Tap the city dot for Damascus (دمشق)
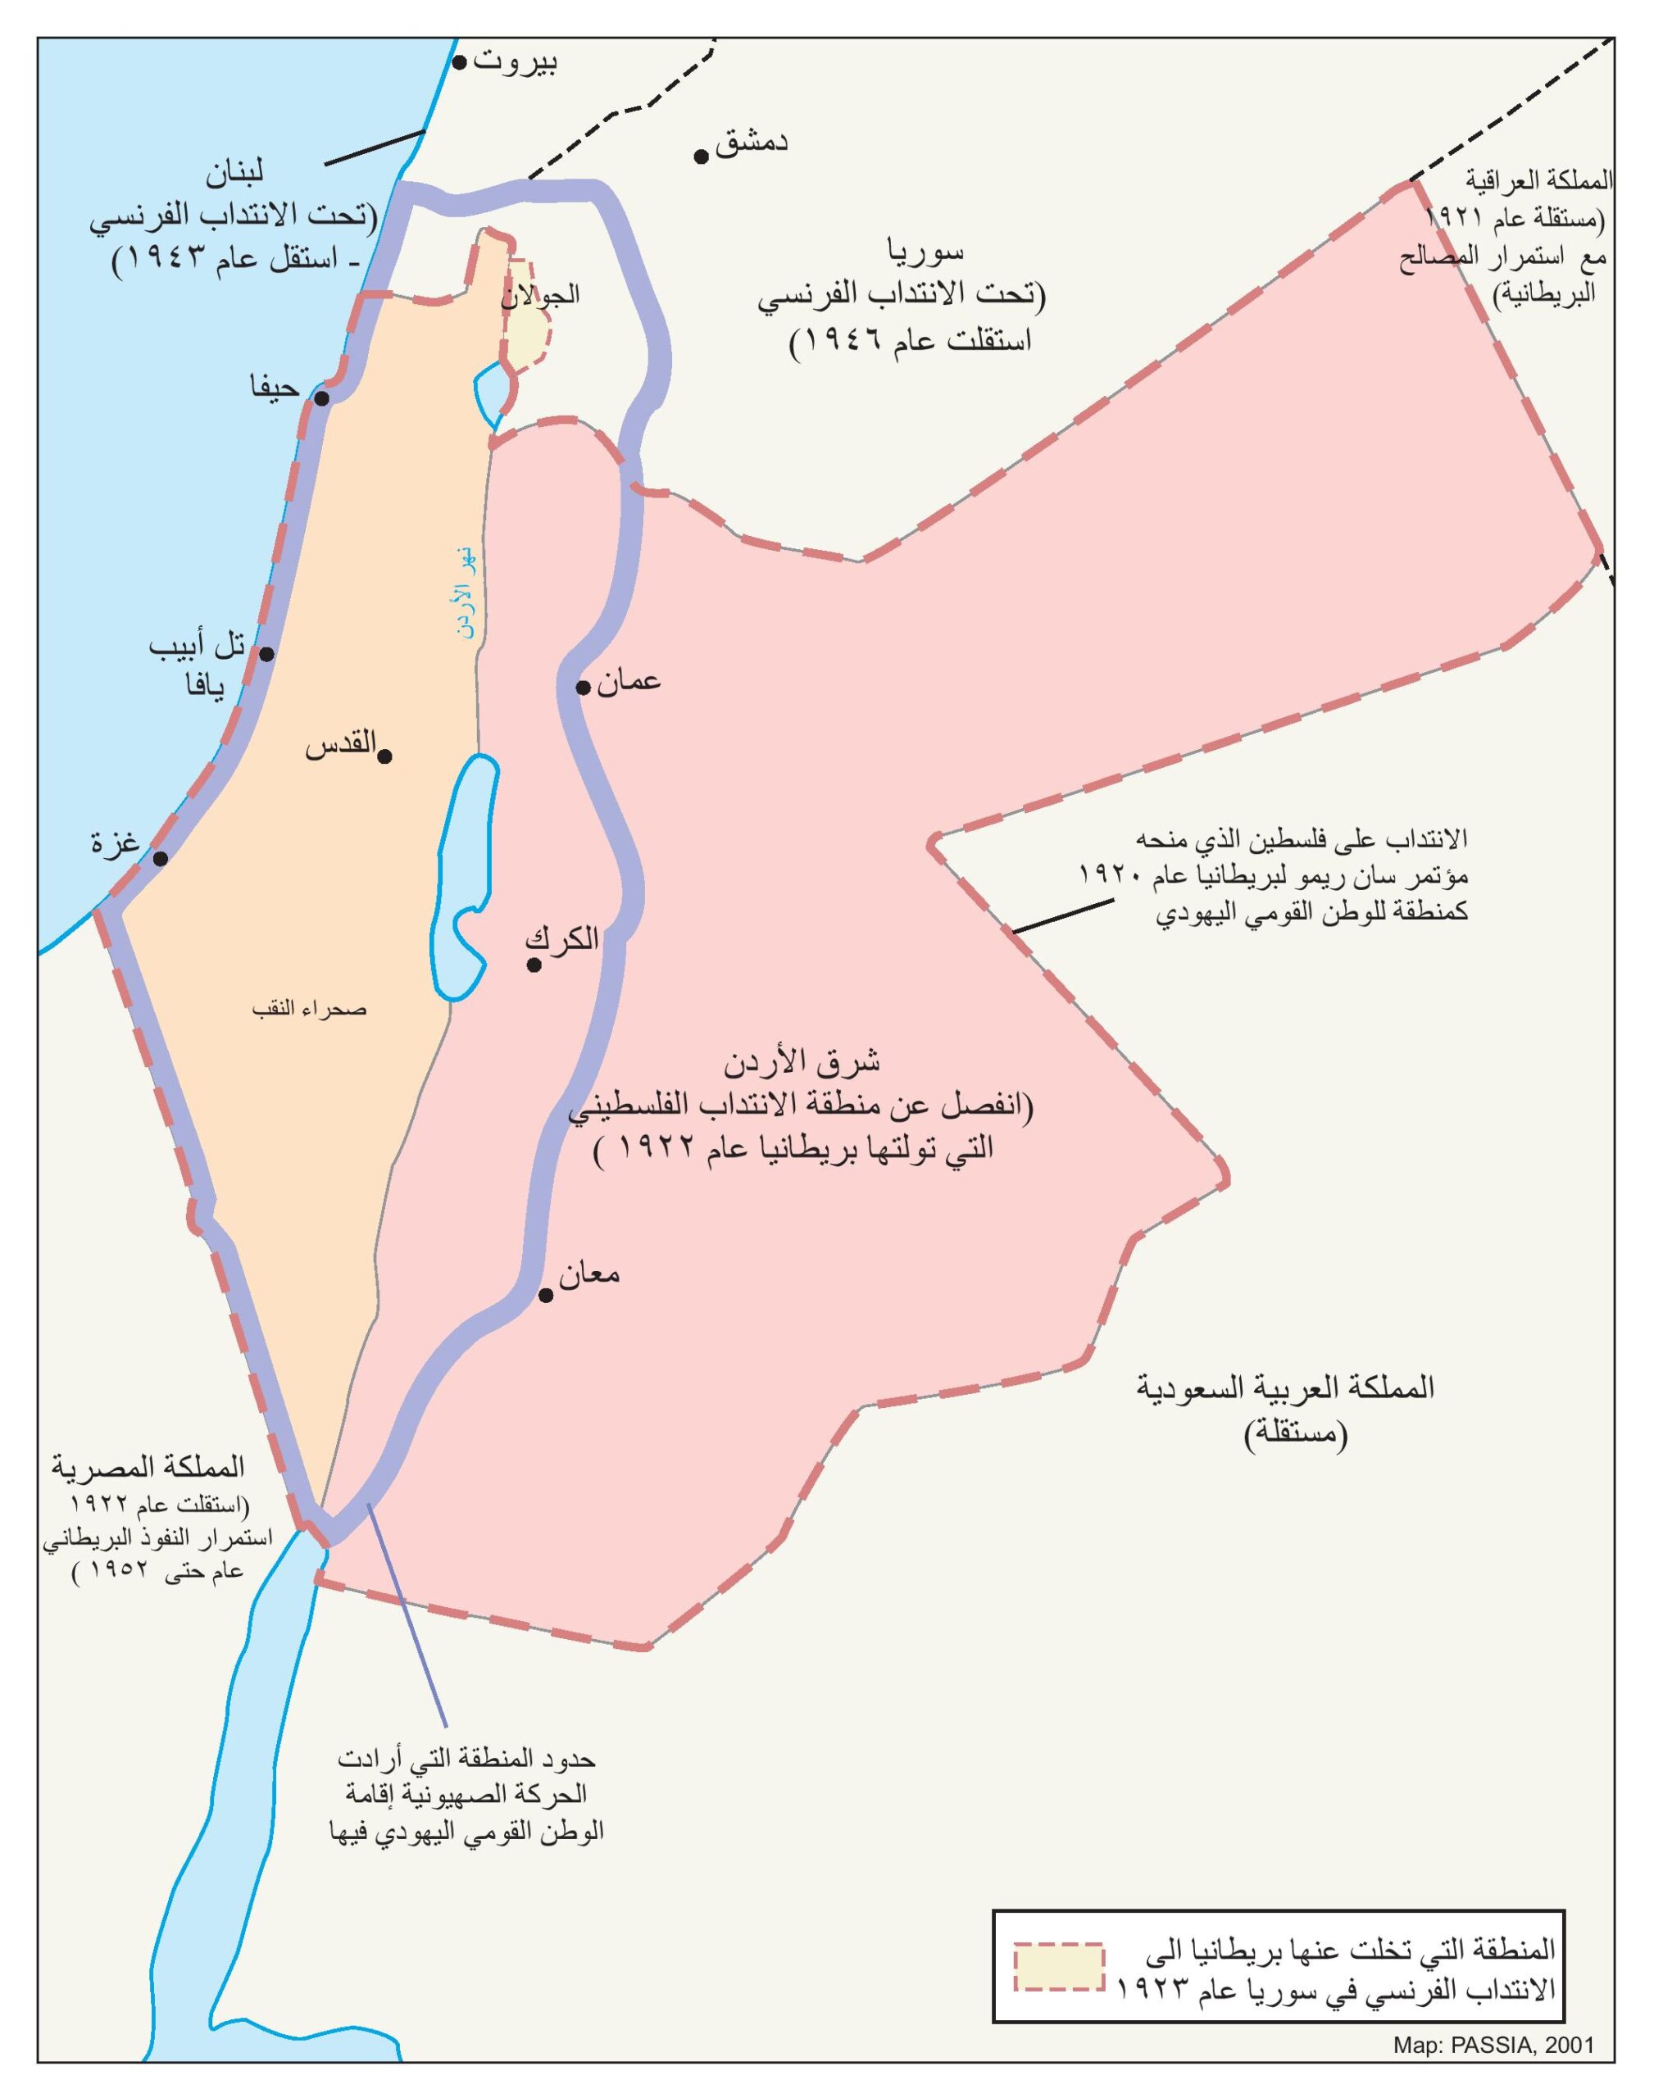click(x=701, y=156)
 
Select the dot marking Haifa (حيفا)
click(x=322, y=398)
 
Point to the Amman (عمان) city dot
click(x=583, y=688)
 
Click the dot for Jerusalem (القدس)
click(x=384, y=756)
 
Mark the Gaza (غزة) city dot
click(x=161, y=859)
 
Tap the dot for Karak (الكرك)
click(x=534, y=965)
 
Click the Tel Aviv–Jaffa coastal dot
click(x=267, y=653)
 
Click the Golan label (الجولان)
click(x=540, y=294)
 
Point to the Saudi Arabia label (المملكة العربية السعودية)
click(x=1286, y=1387)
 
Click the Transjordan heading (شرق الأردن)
click(x=802, y=1062)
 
